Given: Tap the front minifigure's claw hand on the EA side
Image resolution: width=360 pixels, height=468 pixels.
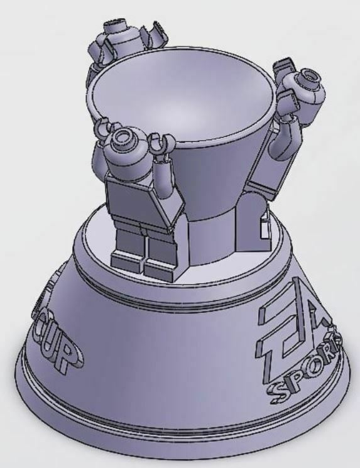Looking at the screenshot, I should coord(163,143).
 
